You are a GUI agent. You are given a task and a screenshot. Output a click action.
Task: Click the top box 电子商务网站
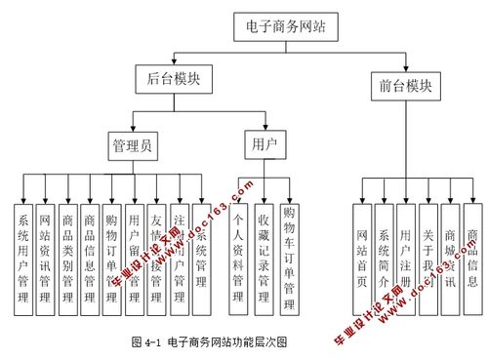click(x=286, y=26)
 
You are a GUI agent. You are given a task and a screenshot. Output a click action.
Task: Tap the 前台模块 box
click(x=406, y=84)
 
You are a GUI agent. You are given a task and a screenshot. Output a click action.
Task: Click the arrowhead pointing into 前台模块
click(x=406, y=66)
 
